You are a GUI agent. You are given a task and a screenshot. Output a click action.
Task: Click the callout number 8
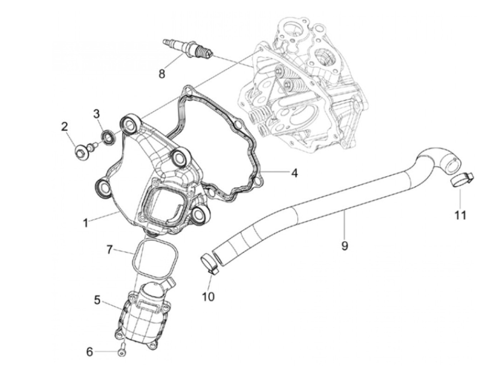click(162, 74)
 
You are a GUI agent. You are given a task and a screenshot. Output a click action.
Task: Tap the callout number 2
click(65, 127)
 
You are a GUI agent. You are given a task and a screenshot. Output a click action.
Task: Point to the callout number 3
click(96, 114)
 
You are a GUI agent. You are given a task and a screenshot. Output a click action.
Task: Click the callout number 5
click(97, 300)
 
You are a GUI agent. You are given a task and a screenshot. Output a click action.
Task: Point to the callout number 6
click(90, 352)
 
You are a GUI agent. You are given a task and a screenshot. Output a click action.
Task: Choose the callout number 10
click(209, 296)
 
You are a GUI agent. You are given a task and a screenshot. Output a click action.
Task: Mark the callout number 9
click(344, 246)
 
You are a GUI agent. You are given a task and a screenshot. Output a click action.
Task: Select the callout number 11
click(460, 215)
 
